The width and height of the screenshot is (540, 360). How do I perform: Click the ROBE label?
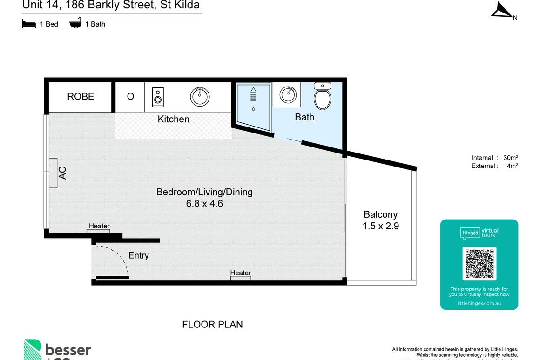coord(81,96)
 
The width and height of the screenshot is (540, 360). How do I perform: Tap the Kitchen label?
coord(173,119)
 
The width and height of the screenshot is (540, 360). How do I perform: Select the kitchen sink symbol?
coord(200,97)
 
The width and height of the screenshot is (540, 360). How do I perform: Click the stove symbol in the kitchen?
coord(158,97)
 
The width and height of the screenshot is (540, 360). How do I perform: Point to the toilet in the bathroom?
coord(322,96)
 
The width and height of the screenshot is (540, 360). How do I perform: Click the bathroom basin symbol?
coord(288,95)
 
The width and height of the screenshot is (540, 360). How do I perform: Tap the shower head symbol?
coord(253,95)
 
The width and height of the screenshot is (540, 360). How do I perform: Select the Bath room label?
coord(304,117)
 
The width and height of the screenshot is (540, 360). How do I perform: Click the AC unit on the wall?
coord(53,173)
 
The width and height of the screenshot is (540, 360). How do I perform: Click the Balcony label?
coord(380,214)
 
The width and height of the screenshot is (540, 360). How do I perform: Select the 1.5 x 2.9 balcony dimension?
coord(380,227)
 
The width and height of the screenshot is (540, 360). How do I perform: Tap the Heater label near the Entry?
coord(99,226)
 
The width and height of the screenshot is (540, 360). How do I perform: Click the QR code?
coord(479,264)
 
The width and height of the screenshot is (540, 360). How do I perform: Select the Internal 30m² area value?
coord(511,158)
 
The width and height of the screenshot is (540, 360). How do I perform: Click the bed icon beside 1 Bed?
coord(29,24)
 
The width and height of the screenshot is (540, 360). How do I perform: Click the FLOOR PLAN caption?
coord(212,325)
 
